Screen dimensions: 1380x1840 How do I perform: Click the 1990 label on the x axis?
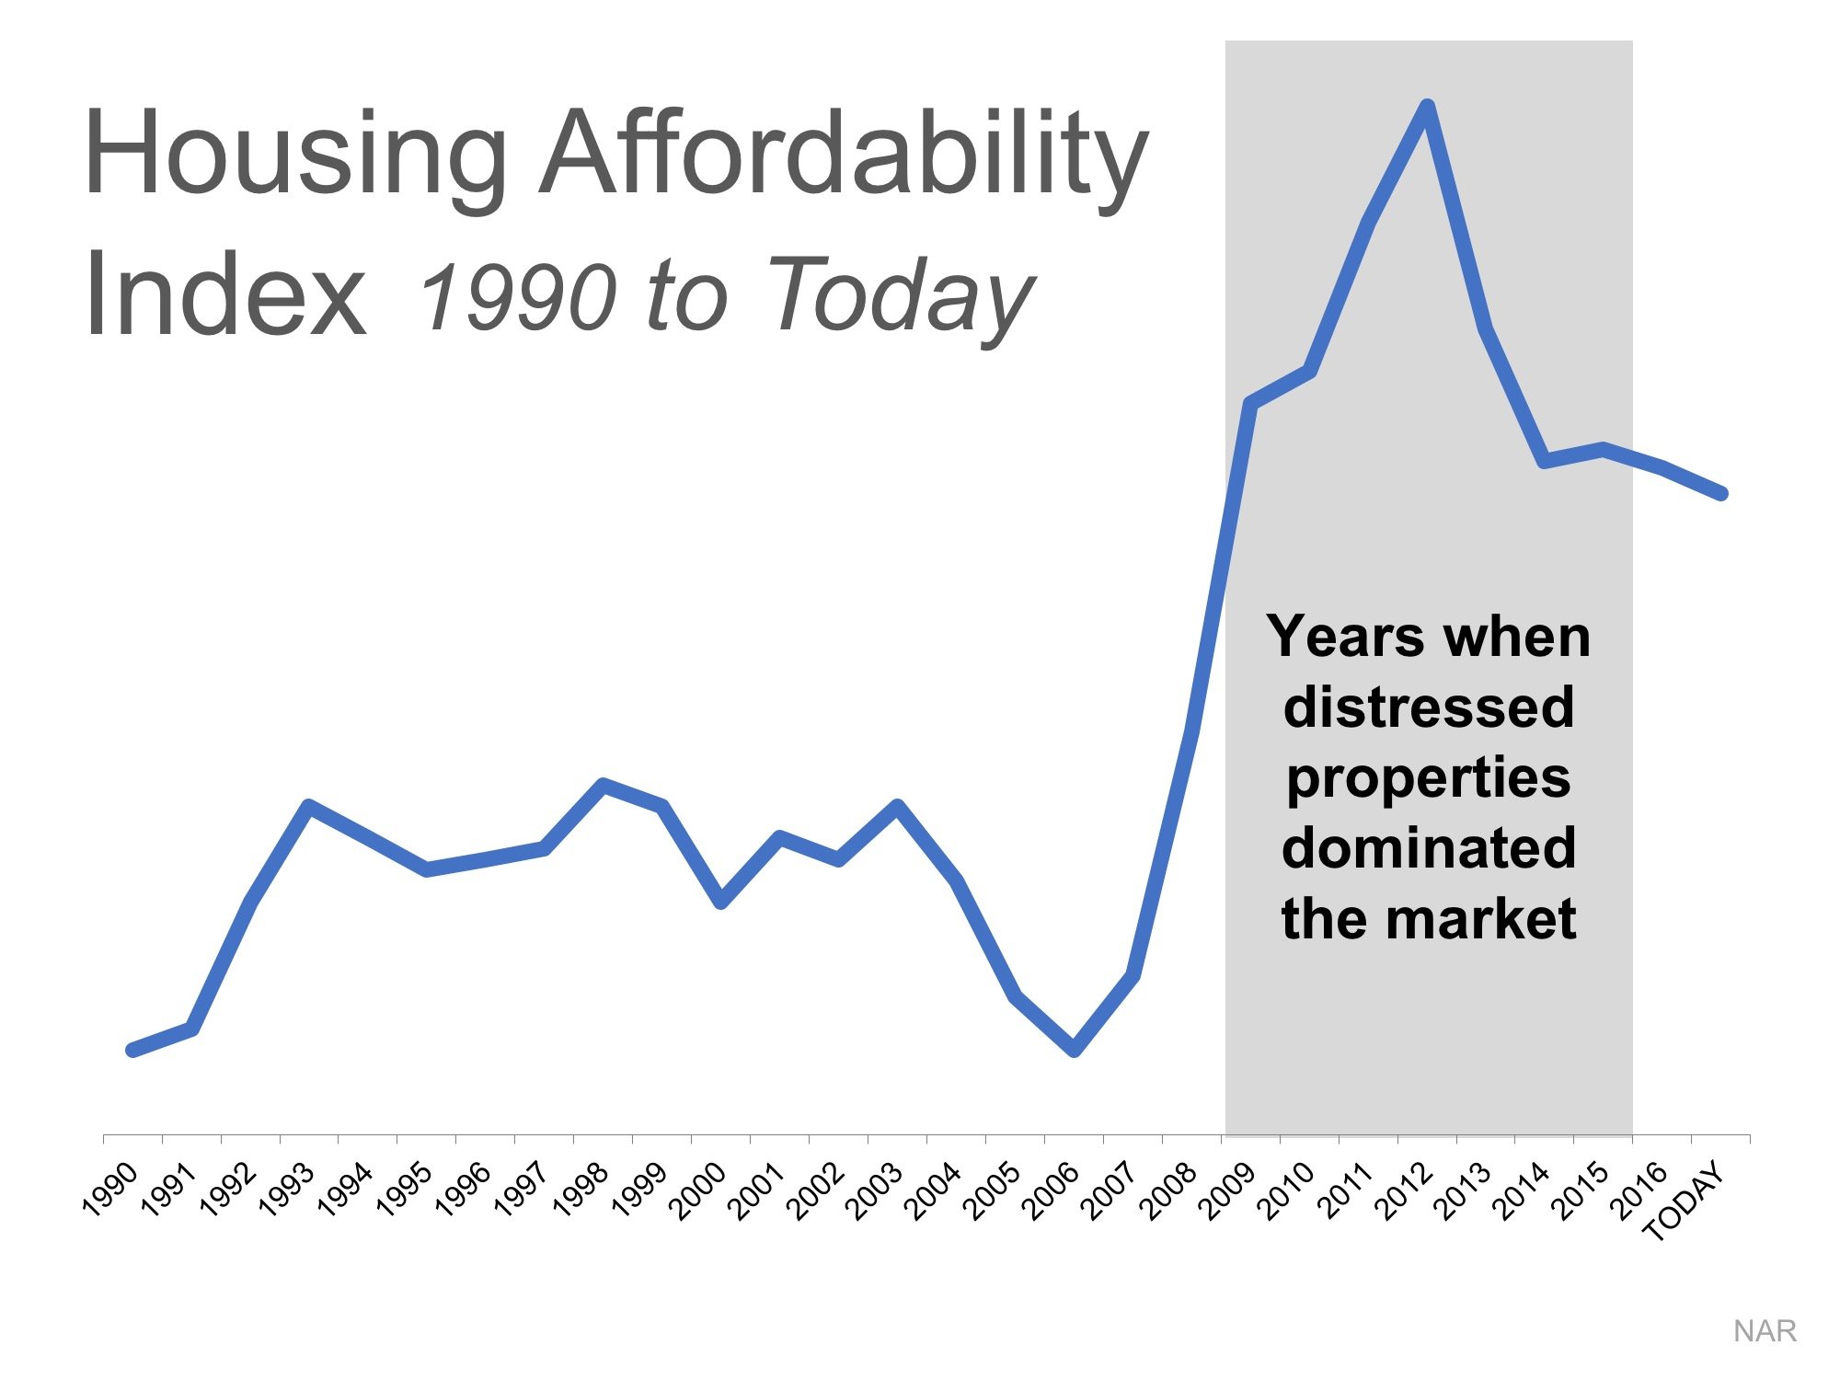110,1190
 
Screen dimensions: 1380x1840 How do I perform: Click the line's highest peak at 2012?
1427,106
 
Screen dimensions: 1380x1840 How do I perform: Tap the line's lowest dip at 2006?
1074,1050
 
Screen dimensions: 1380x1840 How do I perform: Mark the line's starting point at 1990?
132,1050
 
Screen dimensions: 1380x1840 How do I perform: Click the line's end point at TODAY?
1721,494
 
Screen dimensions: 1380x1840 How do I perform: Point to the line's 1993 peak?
309,806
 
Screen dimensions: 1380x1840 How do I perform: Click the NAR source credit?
1764,1331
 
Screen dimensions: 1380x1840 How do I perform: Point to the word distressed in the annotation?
1428,707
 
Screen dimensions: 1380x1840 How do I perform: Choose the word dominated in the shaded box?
1428,847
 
